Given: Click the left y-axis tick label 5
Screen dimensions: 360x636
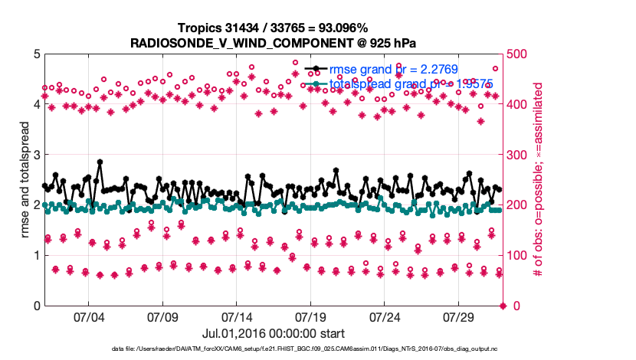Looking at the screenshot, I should point(36,54).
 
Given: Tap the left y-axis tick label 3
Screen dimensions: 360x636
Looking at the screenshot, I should point(36,155).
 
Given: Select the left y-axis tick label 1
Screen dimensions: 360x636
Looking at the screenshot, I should point(36,256).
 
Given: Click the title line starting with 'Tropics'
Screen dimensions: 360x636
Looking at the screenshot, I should point(274,27).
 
